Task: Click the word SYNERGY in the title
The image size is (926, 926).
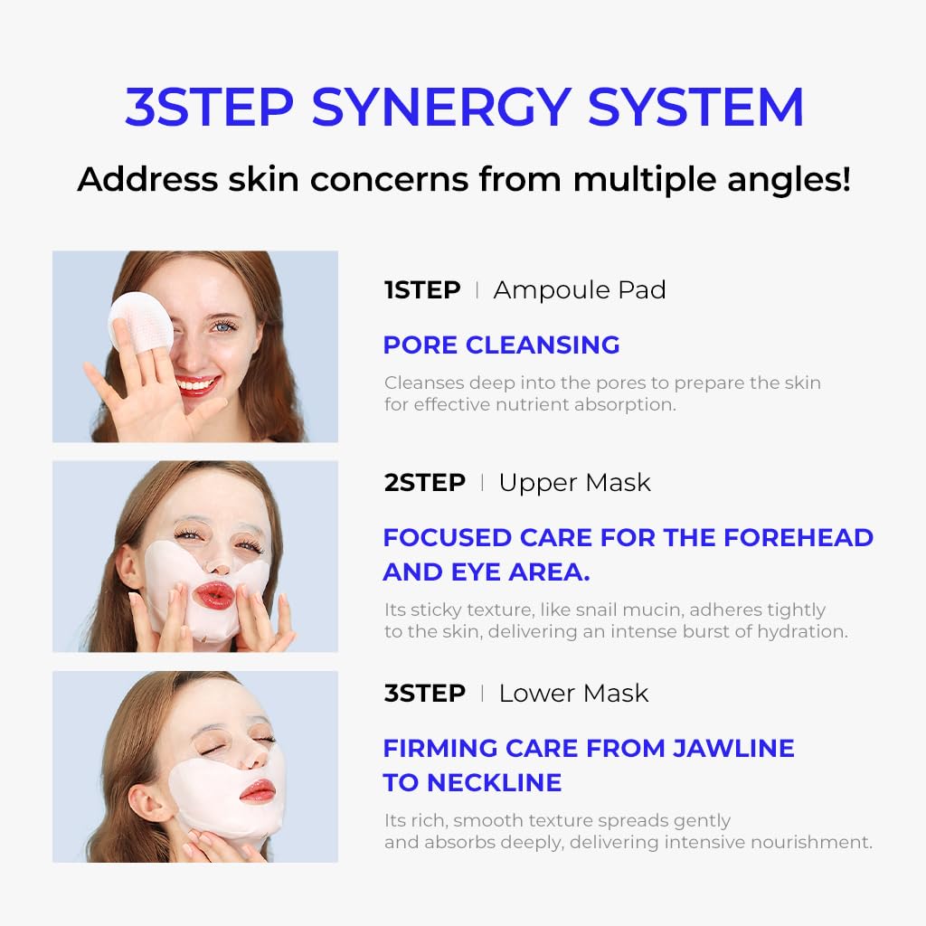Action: coord(441,108)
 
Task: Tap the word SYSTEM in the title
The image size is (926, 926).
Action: coord(695,107)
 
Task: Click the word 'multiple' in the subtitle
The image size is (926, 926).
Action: coord(645,180)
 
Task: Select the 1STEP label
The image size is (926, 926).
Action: coord(422,290)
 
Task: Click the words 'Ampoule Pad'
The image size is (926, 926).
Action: coord(580,290)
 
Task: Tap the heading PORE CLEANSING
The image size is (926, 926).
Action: coord(501,345)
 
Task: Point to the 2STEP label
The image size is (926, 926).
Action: coord(425,483)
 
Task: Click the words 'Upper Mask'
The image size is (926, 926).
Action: coord(574,483)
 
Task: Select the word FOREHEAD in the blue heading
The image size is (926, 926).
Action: coord(798,537)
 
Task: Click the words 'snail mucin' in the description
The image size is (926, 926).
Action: coord(622,609)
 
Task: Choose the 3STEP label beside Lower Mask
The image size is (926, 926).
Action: coord(425,694)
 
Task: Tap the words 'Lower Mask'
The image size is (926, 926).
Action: coord(573,694)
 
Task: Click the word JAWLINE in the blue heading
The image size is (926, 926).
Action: coord(733,748)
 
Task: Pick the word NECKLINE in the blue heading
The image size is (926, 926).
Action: coord(494,782)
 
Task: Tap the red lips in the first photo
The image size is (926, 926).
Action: coord(197,385)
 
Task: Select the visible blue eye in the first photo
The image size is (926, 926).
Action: coord(223,326)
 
